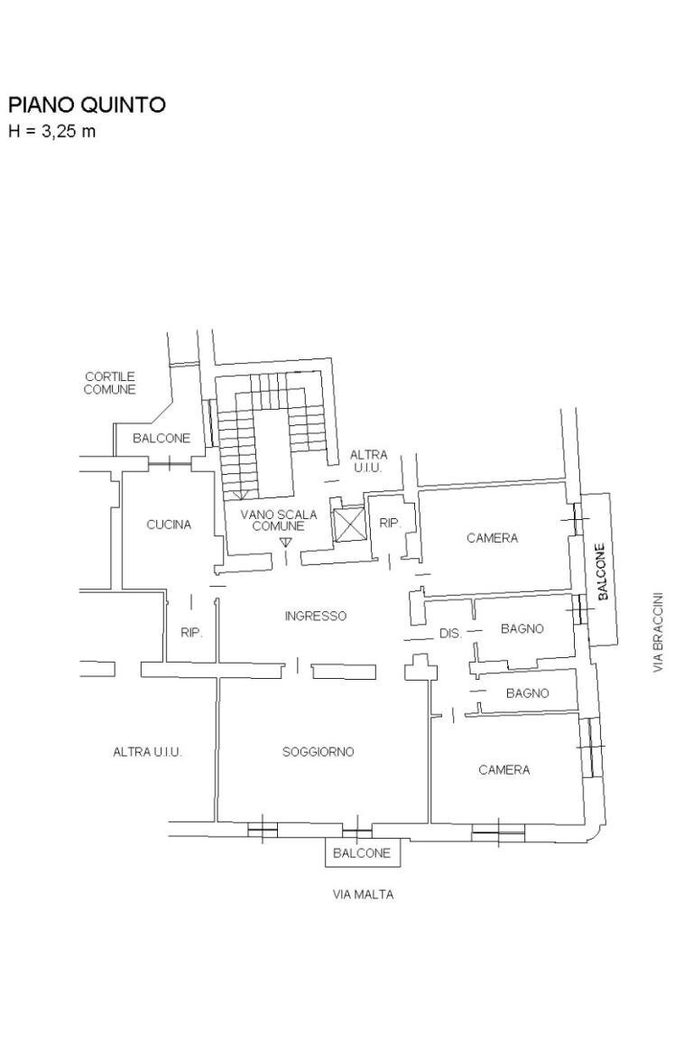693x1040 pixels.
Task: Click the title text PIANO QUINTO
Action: click(x=87, y=106)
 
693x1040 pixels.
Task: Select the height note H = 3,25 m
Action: click(x=51, y=132)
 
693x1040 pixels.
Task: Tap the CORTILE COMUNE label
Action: click(x=109, y=384)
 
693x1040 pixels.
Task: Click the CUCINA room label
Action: click(x=169, y=525)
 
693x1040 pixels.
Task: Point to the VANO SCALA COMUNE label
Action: click(x=278, y=520)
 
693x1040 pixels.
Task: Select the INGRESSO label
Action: click(x=315, y=617)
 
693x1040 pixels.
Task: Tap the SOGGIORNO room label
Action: click(x=318, y=752)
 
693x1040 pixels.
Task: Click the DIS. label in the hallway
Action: click(x=450, y=634)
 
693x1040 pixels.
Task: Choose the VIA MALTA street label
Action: click(x=363, y=896)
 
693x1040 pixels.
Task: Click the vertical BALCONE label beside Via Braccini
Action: click(x=603, y=570)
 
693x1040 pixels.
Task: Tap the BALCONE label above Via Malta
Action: click(x=361, y=853)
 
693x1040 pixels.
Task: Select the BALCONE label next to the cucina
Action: click(x=162, y=439)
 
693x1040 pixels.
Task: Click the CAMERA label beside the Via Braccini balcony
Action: click(x=492, y=538)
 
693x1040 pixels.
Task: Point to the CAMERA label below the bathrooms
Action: click(x=504, y=770)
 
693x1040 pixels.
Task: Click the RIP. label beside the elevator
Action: click(x=390, y=523)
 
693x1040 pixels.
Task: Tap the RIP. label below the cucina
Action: click(x=190, y=633)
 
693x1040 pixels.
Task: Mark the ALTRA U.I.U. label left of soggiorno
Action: click(x=147, y=752)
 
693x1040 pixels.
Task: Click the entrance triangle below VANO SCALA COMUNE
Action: click(x=286, y=542)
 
